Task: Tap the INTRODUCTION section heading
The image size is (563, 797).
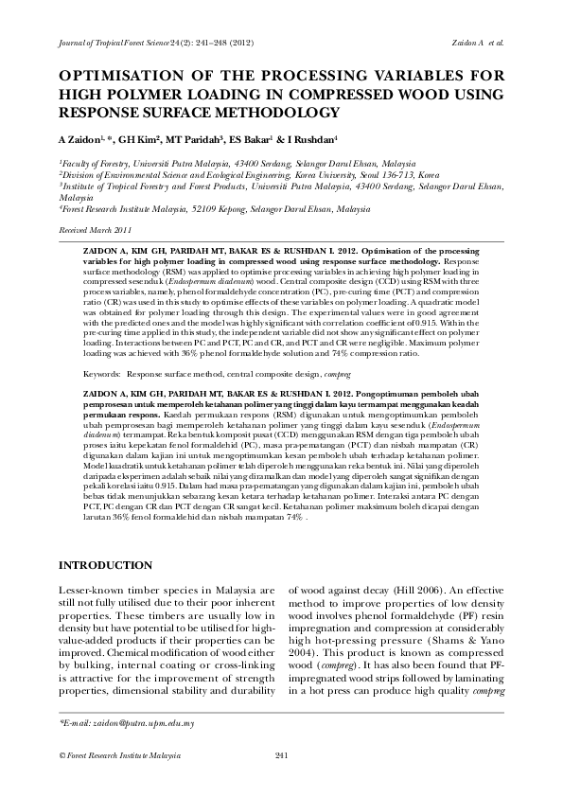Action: click(x=105, y=565)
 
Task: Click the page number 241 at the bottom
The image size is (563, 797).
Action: click(x=281, y=754)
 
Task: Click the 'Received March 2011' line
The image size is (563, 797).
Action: click(x=96, y=230)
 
